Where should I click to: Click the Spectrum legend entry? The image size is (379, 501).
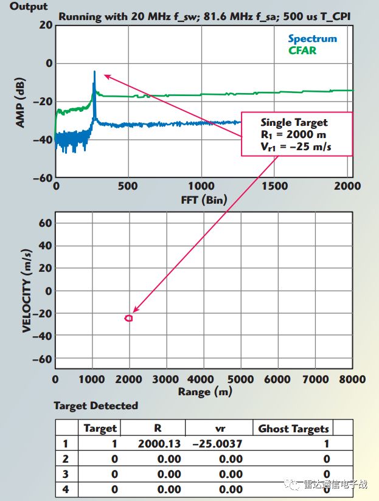(x=312, y=39)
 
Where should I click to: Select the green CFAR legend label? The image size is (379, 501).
(x=303, y=50)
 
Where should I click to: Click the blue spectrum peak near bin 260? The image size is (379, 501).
(x=94, y=73)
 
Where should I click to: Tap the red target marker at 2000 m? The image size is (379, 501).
(x=128, y=318)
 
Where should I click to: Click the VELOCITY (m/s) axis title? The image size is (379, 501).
(x=27, y=290)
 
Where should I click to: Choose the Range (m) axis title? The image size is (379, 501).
(x=205, y=392)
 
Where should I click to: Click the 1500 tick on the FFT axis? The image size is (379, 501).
(x=277, y=186)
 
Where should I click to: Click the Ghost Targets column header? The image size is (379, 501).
(x=294, y=429)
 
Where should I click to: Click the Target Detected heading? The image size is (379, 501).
(x=96, y=406)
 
